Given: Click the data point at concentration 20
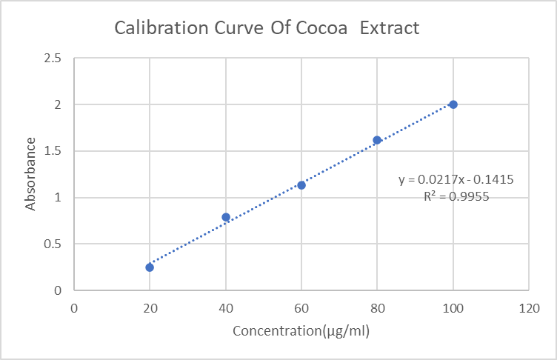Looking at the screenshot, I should [150, 267].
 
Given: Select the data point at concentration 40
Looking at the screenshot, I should [226, 217].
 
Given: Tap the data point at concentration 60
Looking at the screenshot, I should [301, 185].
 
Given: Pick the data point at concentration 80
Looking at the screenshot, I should [377, 140].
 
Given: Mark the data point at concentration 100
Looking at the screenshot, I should [453, 104].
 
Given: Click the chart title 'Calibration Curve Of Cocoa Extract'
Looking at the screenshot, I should [267, 29].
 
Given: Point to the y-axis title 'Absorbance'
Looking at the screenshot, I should [31, 174].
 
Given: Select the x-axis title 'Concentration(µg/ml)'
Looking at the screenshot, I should [301, 330].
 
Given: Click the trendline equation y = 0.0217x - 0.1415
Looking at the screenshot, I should [456, 179].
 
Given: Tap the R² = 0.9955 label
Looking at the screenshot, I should [456, 196].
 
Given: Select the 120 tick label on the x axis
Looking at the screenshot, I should [529, 306].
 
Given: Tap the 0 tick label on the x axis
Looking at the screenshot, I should [74, 306].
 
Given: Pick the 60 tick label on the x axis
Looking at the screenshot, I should [301, 306].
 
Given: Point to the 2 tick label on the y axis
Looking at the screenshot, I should [58, 104].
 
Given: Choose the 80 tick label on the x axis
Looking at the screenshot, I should [377, 306].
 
